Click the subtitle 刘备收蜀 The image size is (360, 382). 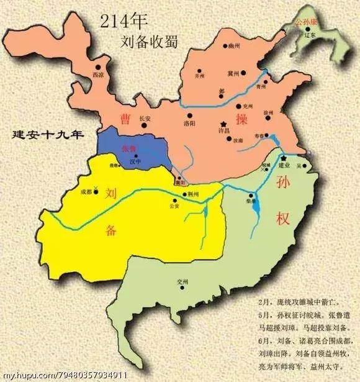pyautogui.click(x=149, y=42)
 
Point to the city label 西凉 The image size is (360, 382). pyautogui.click(x=97, y=75)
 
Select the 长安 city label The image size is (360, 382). pyautogui.click(x=145, y=118)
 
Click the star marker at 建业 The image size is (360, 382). pyautogui.click(x=284, y=159)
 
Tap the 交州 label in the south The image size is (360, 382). pyautogui.click(x=181, y=281)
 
